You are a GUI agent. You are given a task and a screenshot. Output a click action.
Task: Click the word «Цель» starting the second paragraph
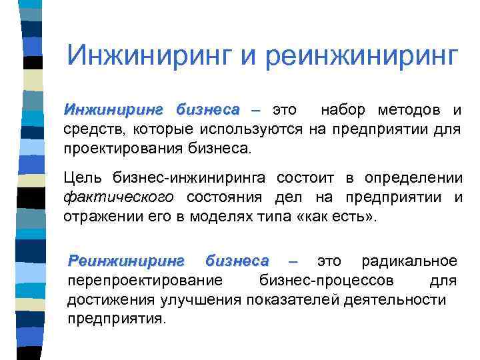81,178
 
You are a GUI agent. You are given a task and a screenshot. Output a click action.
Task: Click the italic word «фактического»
119,197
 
